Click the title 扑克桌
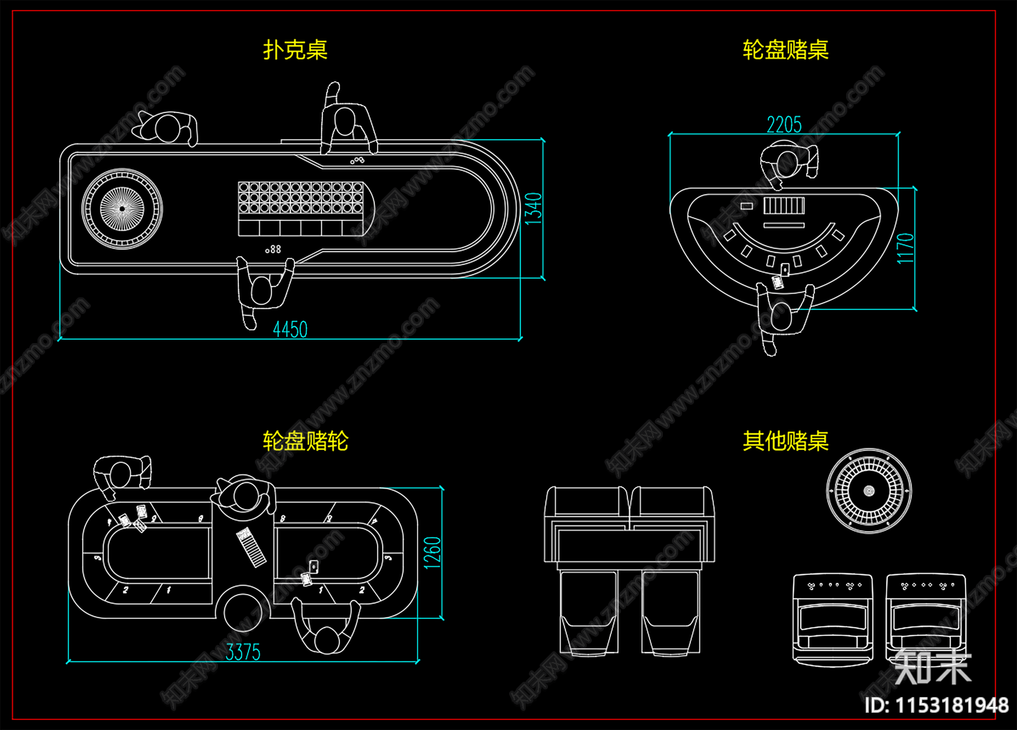click(295, 50)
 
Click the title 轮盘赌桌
click(785, 50)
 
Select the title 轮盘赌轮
click(305, 441)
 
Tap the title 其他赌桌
click(785, 441)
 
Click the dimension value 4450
click(290, 329)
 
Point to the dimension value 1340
click(533, 208)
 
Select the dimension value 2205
click(784, 125)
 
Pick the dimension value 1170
click(905, 248)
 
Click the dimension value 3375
click(243, 652)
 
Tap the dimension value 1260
click(432, 553)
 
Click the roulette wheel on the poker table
click(122, 208)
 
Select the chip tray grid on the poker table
click(301, 198)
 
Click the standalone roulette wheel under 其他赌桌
click(869, 490)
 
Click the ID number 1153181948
click(936, 705)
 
